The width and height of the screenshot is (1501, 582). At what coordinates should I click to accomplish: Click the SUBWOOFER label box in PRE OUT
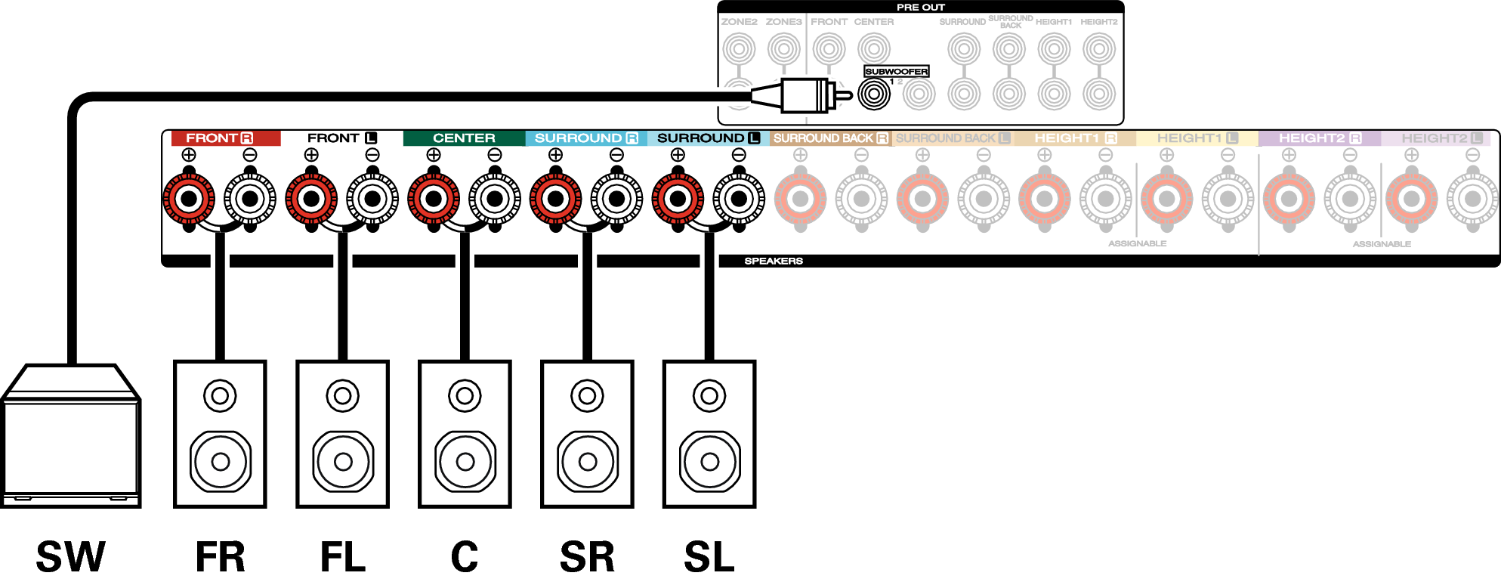point(896,71)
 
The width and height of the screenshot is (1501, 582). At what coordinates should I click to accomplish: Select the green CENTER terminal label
point(464,138)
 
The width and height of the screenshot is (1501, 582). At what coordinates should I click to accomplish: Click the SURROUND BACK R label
point(830,138)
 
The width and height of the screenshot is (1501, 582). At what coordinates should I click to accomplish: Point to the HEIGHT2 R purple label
point(1319,138)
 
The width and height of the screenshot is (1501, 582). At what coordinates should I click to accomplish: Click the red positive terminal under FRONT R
point(189,199)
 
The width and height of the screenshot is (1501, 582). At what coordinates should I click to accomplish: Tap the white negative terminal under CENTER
point(495,199)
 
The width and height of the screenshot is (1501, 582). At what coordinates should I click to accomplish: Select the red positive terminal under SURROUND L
point(678,199)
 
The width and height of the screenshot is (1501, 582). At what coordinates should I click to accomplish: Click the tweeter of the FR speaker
point(220,395)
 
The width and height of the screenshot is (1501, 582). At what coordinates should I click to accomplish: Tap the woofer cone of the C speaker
point(465,461)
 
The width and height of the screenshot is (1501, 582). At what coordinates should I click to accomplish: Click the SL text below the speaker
point(709,557)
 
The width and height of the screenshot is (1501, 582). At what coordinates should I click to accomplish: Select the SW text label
point(70,557)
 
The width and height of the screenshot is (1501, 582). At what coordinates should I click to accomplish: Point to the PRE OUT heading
point(920,8)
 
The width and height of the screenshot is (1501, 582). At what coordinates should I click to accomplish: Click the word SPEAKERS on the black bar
point(774,261)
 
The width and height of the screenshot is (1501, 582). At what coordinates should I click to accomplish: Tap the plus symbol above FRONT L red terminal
point(311,155)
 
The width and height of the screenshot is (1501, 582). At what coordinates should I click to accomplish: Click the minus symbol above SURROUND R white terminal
point(616,155)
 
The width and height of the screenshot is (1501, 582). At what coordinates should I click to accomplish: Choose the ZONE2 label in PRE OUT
point(739,22)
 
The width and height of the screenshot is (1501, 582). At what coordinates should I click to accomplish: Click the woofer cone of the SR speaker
point(588,461)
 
